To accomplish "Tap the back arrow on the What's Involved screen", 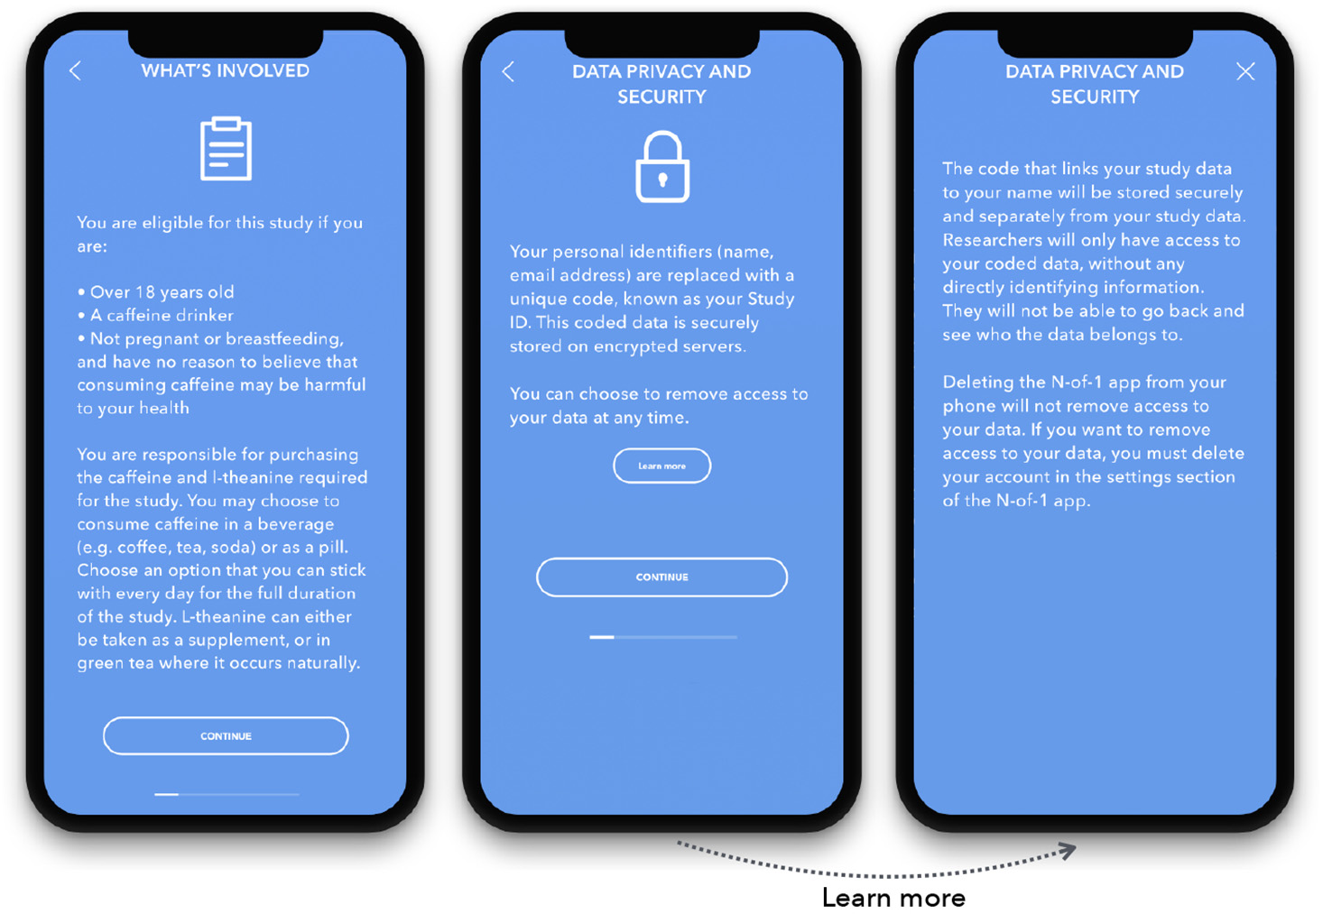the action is click(x=75, y=71).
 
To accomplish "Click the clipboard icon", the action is click(x=226, y=148).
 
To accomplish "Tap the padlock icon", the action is click(x=662, y=167).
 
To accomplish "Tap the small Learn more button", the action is click(x=661, y=466).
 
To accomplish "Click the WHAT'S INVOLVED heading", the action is click(x=225, y=71).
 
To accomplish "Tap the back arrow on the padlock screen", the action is click(x=508, y=71).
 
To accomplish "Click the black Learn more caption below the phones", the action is click(x=893, y=898).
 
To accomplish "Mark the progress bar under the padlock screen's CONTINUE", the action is click(x=662, y=637).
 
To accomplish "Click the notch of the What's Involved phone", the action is click(x=225, y=42).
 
